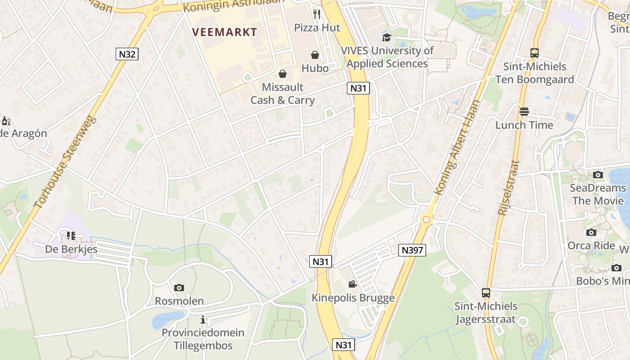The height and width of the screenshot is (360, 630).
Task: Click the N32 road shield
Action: coord(127,54)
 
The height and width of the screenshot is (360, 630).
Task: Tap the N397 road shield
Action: coord(412,250)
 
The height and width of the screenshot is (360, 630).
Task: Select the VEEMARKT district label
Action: coord(225,32)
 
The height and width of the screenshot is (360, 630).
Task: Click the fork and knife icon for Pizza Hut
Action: coord(317,14)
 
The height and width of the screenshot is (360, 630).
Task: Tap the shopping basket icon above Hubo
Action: coord(315,55)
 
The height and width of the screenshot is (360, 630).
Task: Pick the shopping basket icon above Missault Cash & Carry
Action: coord(283,74)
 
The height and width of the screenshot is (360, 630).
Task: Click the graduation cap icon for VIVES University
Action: coord(387,37)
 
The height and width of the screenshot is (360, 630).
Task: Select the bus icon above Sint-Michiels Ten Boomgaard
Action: coord(535,53)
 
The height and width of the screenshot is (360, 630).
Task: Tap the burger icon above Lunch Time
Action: coord(524,112)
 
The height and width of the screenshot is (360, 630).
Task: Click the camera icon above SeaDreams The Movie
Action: coord(598,175)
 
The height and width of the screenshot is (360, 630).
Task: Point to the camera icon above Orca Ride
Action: coord(591,232)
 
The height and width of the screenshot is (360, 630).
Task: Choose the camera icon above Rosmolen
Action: coord(179,288)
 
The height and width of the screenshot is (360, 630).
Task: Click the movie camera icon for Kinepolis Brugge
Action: coord(353,284)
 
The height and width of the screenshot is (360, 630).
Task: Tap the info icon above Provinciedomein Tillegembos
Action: coord(203,319)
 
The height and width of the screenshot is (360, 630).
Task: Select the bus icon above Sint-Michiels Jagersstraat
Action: coord(486,293)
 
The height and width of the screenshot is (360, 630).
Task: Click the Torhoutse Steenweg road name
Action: coord(66,162)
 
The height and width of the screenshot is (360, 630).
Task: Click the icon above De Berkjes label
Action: coord(71,235)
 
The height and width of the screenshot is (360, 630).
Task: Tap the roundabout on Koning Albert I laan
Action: coord(426,220)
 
